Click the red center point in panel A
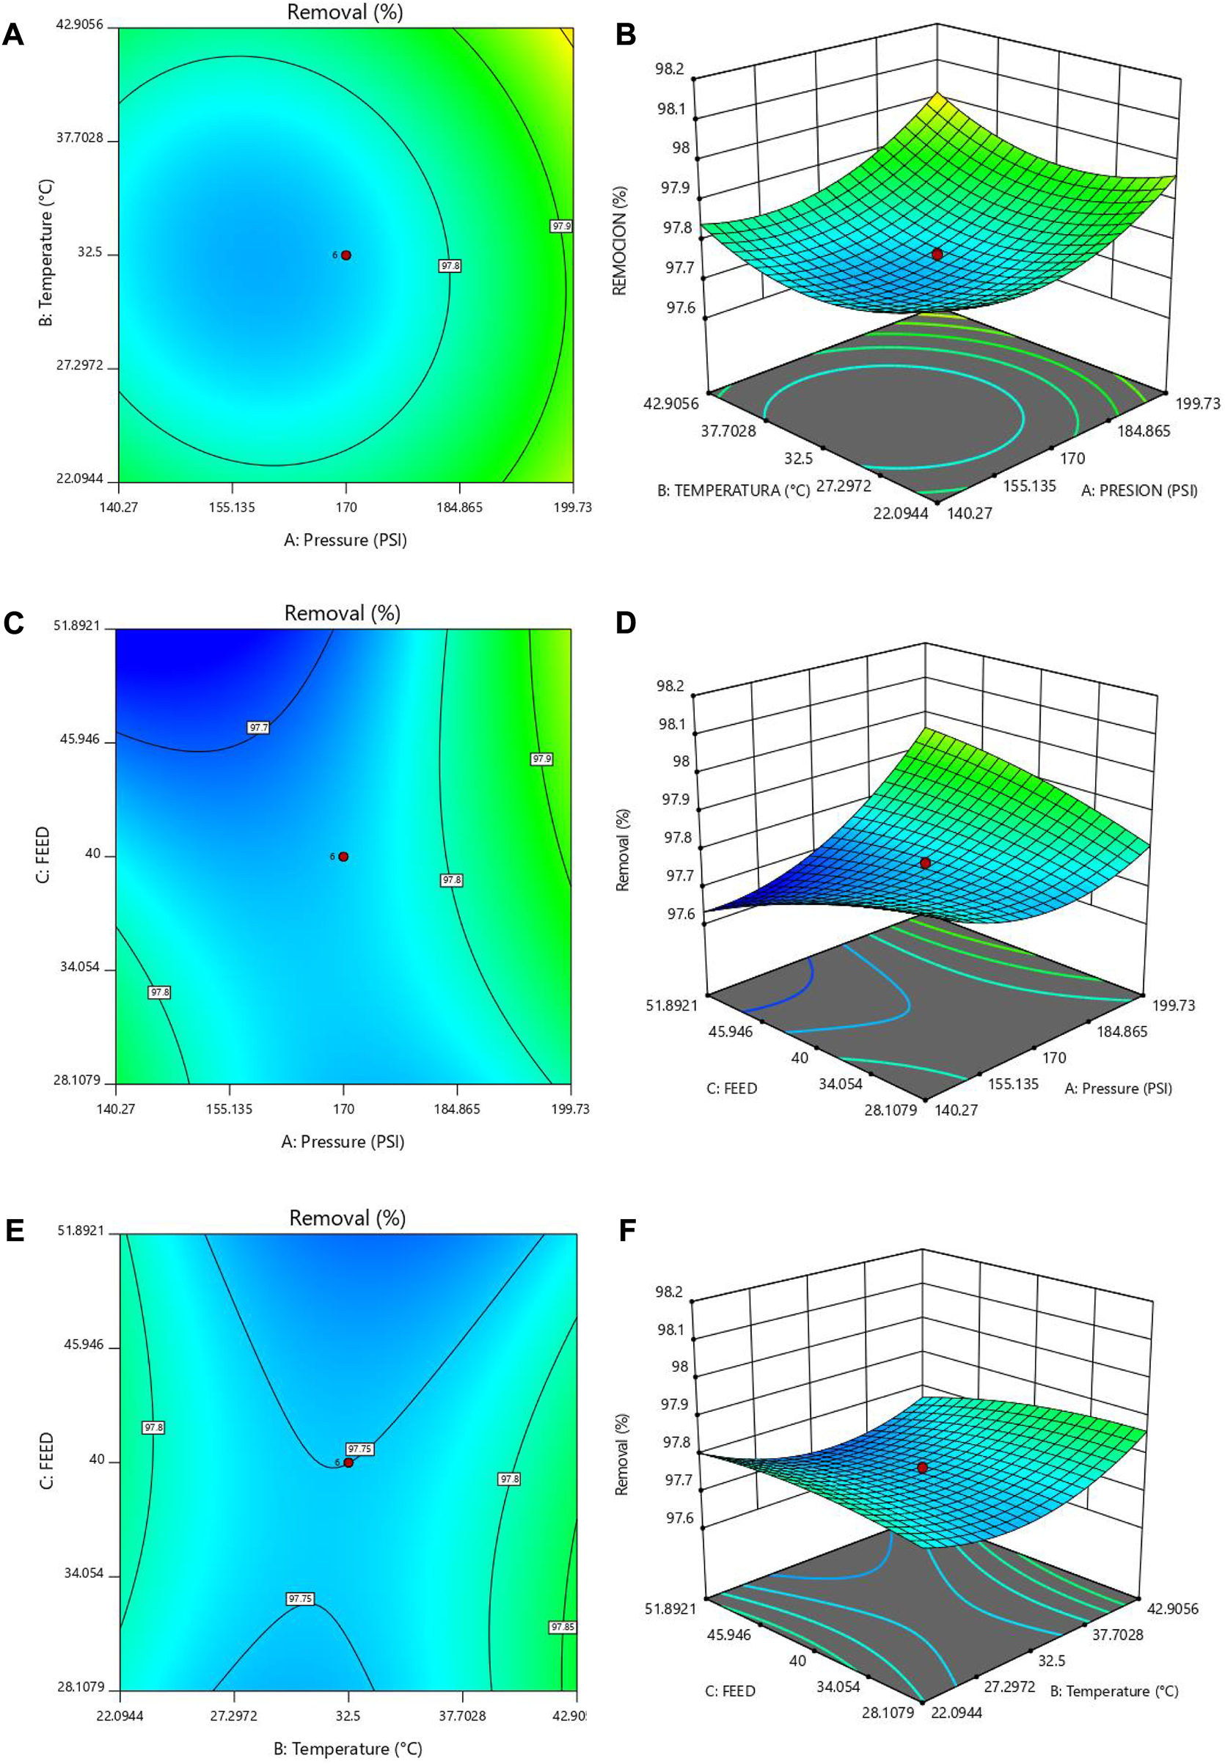[x=346, y=255]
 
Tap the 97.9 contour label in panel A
[x=561, y=227]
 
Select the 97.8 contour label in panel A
[x=450, y=266]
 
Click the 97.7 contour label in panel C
[x=259, y=727]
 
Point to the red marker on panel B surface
[x=937, y=254]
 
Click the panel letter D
[x=626, y=623]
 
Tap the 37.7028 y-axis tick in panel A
[x=79, y=139]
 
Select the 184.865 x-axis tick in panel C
[x=458, y=1108]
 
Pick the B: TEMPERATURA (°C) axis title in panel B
[x=733, y=490]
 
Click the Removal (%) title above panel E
[x=347, y=1218]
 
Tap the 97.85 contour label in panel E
[x=562, y=1627]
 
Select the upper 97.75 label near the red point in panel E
[x=359, y=1449]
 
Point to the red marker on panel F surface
[x=922, y=1467]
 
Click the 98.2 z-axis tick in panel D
[x=670, y=684]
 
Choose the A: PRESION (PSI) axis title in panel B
[x=1139, y=490]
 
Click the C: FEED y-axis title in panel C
[x=44, y=854]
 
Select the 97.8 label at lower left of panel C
[x=159, y=992]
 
